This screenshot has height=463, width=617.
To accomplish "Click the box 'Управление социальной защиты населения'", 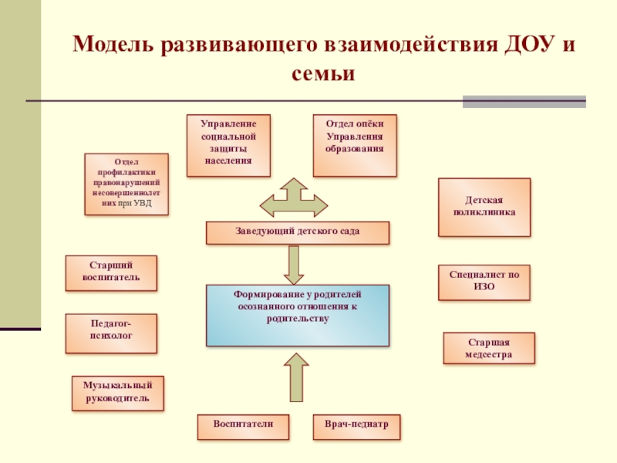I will pos(229,144).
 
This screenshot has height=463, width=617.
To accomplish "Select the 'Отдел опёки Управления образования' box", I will pos(355,145).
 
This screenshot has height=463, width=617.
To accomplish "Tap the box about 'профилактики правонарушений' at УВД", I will pos(126,184).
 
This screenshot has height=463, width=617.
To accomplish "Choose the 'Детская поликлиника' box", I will pos(484,207).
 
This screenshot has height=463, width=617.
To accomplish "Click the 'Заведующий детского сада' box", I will pos(298,232).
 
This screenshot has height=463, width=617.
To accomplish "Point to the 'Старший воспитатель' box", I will pos(111,273).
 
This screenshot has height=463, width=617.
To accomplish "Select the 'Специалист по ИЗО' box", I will pos(484,282).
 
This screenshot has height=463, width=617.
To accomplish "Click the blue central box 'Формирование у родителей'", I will pos(298,315).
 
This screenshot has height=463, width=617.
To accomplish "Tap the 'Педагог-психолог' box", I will pos(111,333).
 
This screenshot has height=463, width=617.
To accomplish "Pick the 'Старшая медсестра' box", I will pos(489,348).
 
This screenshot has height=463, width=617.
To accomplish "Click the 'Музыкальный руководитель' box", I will pos(118,394).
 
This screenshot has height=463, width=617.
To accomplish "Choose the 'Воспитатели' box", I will pos(244,426).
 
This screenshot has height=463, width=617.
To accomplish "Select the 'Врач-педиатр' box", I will pos(357,426).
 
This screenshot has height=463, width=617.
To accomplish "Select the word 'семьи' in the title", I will pos(323,75).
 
